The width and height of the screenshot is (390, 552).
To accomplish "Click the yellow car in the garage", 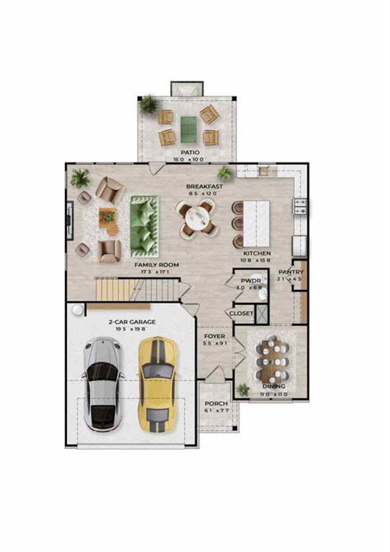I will [157, 384].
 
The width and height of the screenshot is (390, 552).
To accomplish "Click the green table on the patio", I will [188, 129].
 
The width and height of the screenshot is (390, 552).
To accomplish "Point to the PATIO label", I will [190, 152].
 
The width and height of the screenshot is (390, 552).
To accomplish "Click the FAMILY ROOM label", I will [157, 265].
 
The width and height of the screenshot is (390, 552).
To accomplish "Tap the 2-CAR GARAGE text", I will [132, 322].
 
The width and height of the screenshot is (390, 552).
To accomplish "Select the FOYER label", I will [214, 336].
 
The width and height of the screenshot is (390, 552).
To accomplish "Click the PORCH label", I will [216, 403].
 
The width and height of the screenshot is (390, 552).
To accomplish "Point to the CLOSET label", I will [241, 314].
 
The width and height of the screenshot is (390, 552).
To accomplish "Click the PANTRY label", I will [291, 272].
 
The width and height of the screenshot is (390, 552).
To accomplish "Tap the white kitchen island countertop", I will [257, 223].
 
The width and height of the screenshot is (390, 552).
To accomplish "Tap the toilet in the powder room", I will [262, 293].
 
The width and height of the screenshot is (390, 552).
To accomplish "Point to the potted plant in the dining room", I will [243, 390].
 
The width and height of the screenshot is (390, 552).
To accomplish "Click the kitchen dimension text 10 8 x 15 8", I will [255, 260].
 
